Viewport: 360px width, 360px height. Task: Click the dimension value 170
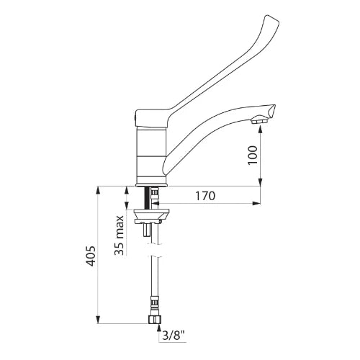tap(205, 196)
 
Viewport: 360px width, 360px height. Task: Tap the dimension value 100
tap(253, 155)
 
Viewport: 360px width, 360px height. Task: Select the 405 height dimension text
tap(91, 256)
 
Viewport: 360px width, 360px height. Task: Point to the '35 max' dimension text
tap(119, 235)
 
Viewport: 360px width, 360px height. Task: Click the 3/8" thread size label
tap(174, 336)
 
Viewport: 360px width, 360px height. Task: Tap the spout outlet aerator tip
tap(259, 120)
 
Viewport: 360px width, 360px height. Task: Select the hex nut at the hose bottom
tap(154, 319)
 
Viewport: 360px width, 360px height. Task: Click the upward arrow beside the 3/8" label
tap(158, 330)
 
